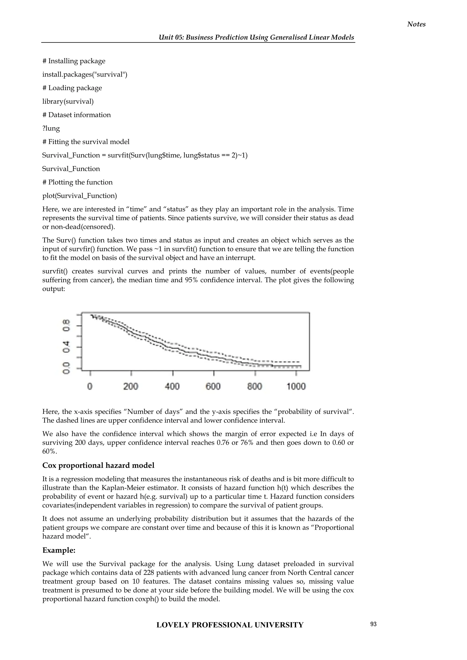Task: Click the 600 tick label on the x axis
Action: coord(213,386)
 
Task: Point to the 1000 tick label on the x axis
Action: coord(296,386)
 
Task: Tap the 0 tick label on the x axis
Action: coord(90,386)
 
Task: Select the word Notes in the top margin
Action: coord(416,24)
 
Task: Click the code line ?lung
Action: coord(51,128)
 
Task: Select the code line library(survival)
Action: coord(68,101)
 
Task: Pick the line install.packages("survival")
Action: coord(85,75)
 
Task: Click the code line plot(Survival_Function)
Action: coord(80,196)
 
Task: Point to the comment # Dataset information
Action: coord(76,115)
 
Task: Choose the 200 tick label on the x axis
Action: coord(131,386)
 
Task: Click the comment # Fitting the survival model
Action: coord(86,142)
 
